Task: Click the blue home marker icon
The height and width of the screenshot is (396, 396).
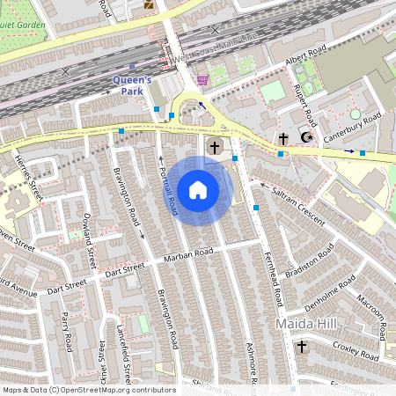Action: pos(198,190)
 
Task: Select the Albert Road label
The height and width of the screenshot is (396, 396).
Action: pos(304,59)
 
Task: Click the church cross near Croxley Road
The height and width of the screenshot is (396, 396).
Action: pos(301,348)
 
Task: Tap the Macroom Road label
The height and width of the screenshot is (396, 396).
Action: pos(373,310)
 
